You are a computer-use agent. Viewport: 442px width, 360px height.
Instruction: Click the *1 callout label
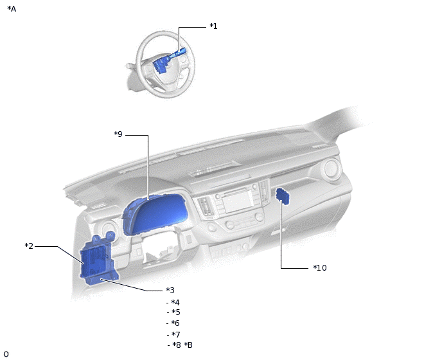213,26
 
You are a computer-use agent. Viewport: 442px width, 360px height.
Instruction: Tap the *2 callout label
29,246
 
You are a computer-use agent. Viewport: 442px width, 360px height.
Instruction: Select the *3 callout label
170,290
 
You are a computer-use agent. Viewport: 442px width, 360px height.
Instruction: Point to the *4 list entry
175,302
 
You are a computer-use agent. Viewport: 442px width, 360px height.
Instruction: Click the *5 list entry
176,312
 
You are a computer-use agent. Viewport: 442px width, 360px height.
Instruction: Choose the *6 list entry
175,323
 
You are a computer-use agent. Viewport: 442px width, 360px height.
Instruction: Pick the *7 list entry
176,334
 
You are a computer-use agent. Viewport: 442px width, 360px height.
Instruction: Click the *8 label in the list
177,345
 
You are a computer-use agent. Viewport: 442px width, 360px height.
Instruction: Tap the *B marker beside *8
188,345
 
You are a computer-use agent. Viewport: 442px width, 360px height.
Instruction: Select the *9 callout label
118,134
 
